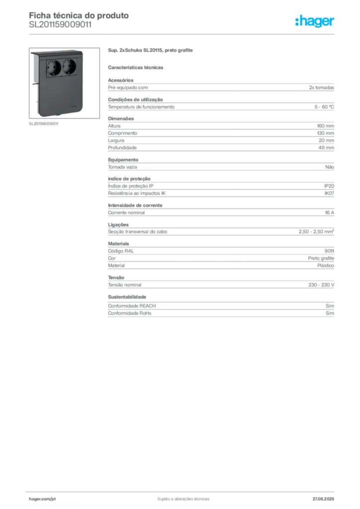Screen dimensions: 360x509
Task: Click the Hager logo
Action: (x=314, y=21)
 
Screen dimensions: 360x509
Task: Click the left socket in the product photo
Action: (x=54, y=68)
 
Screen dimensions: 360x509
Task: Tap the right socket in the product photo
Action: (x=69, y=68)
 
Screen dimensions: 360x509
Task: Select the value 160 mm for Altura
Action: (x=325, y=126)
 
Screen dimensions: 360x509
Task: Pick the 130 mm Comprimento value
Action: (x=325, y=133)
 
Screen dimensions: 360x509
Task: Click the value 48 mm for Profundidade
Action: (x=326, y=148)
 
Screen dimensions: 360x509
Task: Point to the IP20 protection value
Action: (x=329, y=186)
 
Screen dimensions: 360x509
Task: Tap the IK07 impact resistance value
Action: (x=329, y=193)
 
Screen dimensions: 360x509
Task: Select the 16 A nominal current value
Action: (x=329, y=213)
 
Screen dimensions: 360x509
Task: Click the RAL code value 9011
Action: (x=329, y=251)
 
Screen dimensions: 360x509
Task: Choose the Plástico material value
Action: (x=326, y=265)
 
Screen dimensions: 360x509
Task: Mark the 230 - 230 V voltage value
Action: (x=321, y=285)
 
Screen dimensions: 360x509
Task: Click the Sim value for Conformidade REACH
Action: (x=330, y=306)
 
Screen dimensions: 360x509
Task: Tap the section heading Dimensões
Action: (x=121, y=119)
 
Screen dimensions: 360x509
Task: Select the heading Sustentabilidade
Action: (x=127, y=297)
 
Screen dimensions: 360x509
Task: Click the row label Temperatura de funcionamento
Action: (x=141, y=107)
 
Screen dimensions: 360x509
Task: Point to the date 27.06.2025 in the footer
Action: (x=323, y=499)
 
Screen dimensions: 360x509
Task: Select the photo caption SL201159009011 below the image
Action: (x=43, y=124)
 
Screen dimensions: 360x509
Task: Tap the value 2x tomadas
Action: (x=321, y=87)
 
